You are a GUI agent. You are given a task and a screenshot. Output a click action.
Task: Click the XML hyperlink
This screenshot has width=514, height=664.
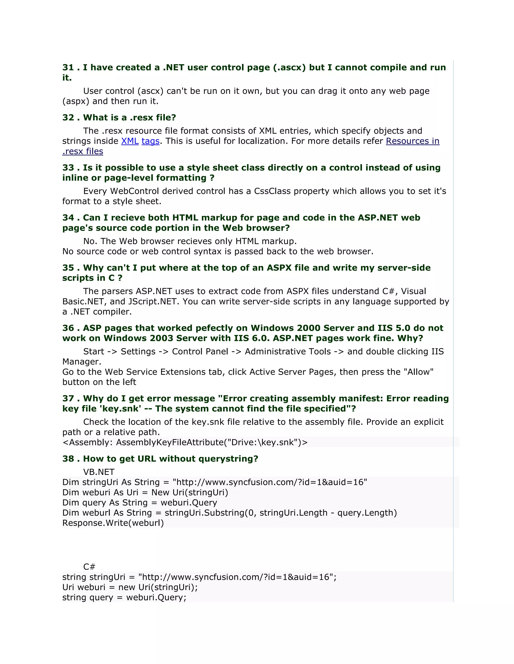point(130,141)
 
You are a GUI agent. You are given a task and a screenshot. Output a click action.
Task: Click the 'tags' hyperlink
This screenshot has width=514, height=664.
point(150,141)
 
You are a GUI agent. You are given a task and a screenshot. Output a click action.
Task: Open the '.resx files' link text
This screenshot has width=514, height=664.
point(83,151)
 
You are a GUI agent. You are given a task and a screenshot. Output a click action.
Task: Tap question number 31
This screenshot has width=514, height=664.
point(68,67)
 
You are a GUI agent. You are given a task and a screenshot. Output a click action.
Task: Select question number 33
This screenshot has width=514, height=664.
point(68,168)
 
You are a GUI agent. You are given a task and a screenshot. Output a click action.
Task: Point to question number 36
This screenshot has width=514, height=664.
point(68,328)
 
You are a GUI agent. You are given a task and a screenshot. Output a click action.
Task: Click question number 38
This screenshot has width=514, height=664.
point(68,459)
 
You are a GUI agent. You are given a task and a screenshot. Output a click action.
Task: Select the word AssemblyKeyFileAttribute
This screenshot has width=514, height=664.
point(169,442)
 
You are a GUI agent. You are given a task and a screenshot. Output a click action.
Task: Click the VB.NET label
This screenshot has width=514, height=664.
point(99,472)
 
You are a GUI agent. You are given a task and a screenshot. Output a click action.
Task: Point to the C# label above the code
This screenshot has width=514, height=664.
point(89,567)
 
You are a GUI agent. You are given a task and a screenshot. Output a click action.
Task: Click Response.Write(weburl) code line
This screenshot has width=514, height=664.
point(113,523)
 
